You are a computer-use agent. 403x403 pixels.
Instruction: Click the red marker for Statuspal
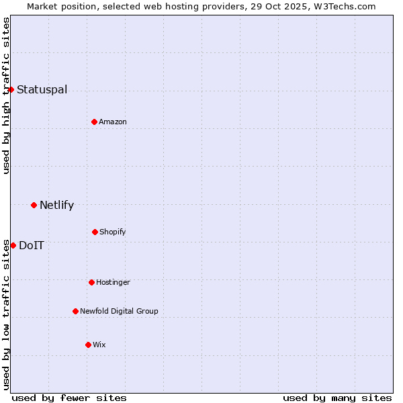(x=11, y=89)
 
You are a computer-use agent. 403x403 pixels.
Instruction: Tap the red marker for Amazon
(x=94, y=122)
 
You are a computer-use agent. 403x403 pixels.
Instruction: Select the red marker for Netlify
(x=34, y=205)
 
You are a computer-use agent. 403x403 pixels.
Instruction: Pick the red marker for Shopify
(x=95, y=232)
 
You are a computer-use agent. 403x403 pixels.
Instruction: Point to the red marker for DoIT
(x=13, y=245)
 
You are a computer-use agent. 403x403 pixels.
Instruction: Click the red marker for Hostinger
(x=91, y=282)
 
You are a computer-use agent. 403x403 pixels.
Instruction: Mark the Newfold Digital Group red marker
(x=75, y=311)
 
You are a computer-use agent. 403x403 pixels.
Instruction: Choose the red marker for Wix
(x=88, y=345)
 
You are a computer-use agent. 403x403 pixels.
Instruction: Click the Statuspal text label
(x=42, y=90)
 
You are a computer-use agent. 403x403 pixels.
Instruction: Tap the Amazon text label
(x=113, y=122)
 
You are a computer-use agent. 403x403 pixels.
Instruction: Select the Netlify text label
(x=56, y=206)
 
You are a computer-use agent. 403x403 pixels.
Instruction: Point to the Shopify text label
(x=112, y=232)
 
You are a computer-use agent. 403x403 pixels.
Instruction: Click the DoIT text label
(x=32, y=246)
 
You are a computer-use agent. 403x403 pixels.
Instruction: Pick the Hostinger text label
(x=113, y=283)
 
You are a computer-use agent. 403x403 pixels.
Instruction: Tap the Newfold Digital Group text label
(x=119, y=312)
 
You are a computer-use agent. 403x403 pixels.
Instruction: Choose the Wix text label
(x=99, y=345)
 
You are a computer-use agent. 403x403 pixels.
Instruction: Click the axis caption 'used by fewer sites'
(x=69, y=398)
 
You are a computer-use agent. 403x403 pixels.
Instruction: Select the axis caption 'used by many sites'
(x=337, y=398)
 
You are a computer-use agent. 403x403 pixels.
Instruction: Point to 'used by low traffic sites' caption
(x=7, y=314)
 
